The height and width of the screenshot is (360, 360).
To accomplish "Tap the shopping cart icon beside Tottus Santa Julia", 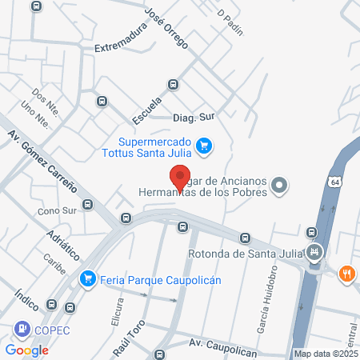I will coord(205,146).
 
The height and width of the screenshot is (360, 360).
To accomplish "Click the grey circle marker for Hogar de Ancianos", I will coord(279,186).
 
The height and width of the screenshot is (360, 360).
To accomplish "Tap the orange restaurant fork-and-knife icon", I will coord(346,273).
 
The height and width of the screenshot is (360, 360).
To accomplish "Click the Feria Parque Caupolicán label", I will coord(160,280).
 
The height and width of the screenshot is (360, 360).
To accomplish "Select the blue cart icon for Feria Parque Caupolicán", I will coord(87,279).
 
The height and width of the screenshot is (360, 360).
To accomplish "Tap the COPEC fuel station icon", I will coord(19,330).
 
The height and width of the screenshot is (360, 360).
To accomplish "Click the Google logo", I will coord(27,350).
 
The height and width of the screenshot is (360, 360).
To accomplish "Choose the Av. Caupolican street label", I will coord(221,343).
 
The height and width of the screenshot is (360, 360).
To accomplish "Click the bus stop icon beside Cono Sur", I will coord(87,205).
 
